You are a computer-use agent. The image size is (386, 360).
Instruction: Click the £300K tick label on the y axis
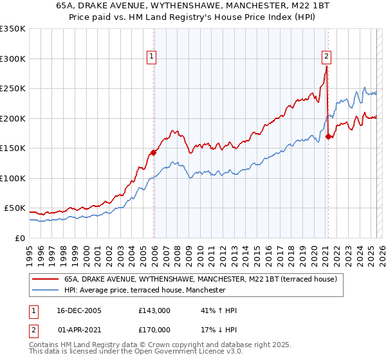12,59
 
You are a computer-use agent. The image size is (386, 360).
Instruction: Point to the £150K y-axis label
12,148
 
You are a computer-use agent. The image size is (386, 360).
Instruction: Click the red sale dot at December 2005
154,152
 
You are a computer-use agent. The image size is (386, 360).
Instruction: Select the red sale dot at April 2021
328,136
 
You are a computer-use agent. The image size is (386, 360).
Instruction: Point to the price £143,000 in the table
154,310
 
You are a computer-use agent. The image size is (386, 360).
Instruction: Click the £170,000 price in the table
154,330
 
